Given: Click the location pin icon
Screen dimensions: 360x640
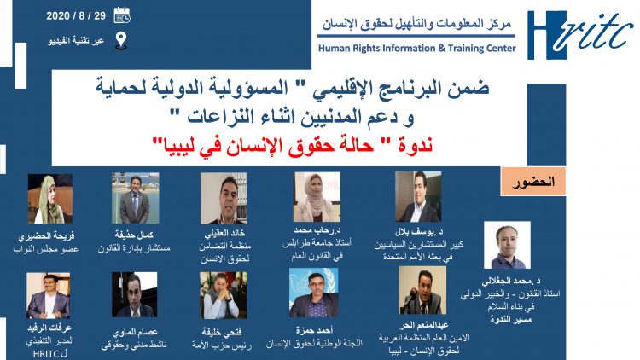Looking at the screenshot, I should (x=121, y=39).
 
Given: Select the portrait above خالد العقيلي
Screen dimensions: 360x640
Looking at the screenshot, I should (x=223, y=198).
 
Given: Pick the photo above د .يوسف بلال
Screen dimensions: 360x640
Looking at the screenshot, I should (x=417, y=197).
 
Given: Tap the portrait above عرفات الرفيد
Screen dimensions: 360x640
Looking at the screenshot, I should (x=48, y=295).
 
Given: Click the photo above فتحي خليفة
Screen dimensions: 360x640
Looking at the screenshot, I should (x=224, y=295).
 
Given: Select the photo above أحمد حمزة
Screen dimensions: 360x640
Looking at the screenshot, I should (x=314, y=293).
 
